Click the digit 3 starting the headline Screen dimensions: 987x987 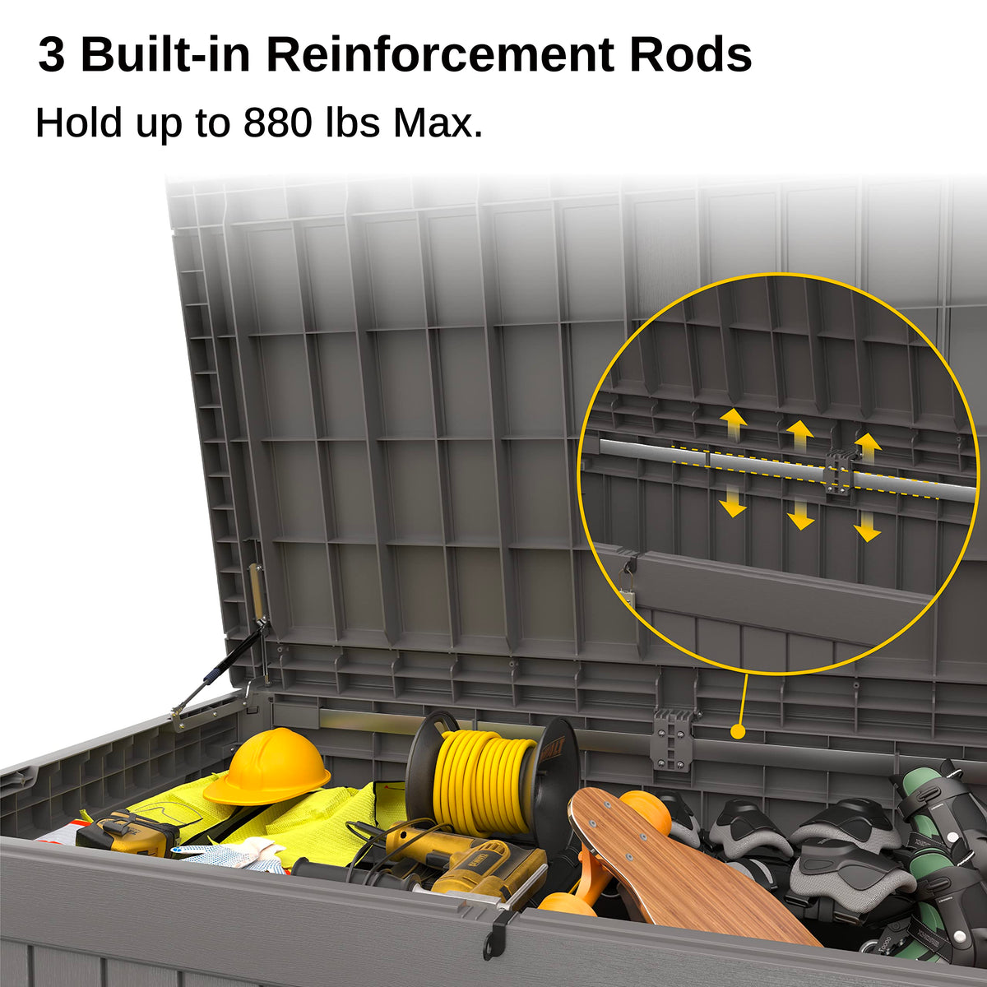coord(52,55)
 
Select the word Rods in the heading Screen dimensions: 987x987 coord(690,55)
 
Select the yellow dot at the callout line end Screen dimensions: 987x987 coord(738,731)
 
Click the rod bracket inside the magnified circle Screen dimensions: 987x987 coord(839,472)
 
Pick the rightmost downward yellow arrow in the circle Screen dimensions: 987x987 coord(867,527)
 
